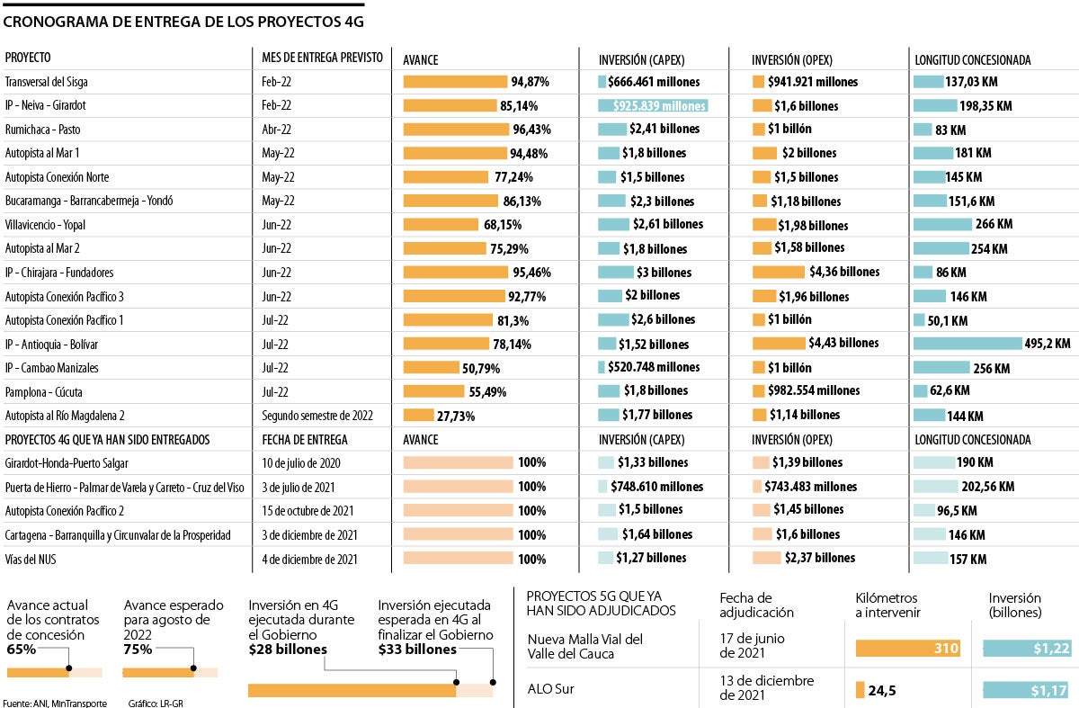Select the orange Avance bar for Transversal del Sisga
tap(455, 81)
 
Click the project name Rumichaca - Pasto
tap(42, 129)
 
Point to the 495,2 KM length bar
tap(968, 343)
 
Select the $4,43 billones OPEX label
tap(843, 343)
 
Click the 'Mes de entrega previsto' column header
tap(321, 58)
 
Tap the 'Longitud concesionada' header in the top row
tap(972, 60)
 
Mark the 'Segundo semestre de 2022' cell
tap(317, 416)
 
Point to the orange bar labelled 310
tap(908, 648)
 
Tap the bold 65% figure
tap(21, 650)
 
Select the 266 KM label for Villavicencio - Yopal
tap(994, 224)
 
